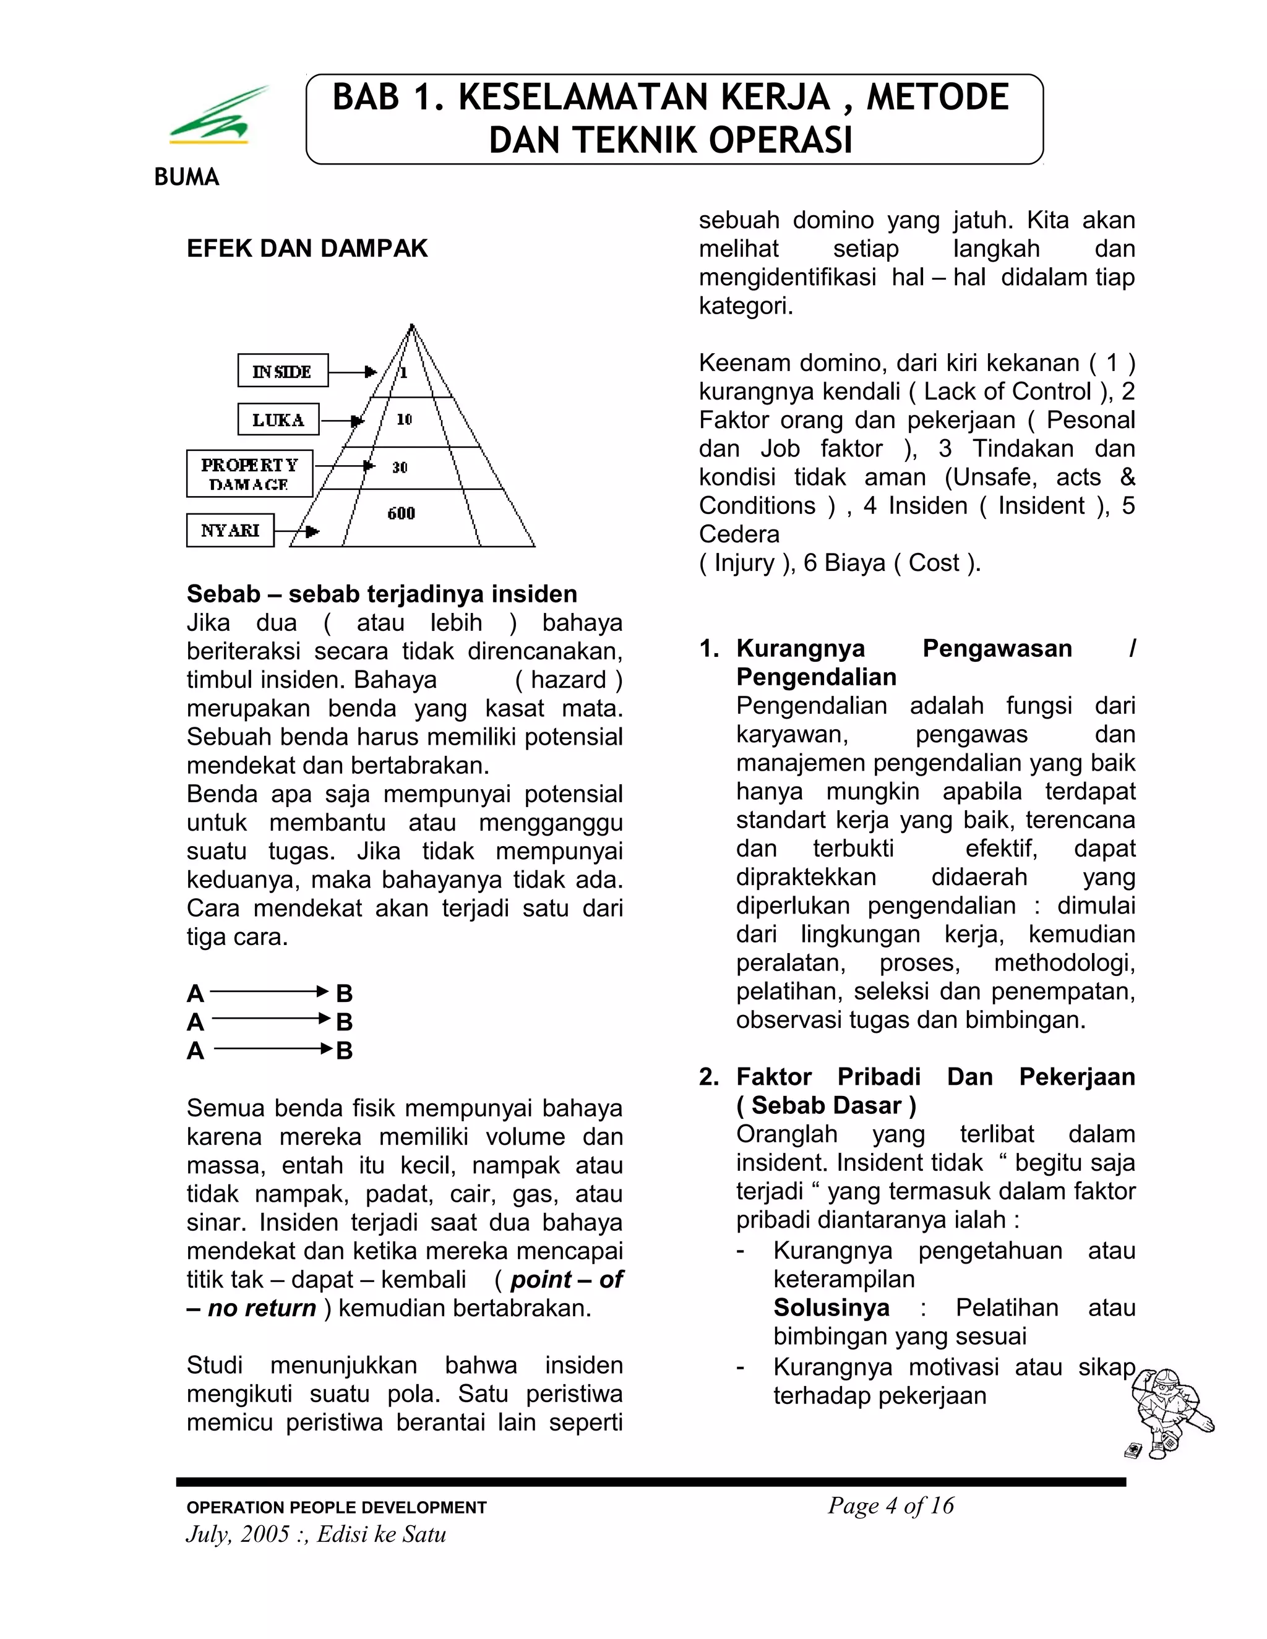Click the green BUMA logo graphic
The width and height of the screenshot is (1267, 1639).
coord(217,117)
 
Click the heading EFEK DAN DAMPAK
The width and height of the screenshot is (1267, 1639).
coord(307,249)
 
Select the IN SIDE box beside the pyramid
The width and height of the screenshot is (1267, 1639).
coord(283,370)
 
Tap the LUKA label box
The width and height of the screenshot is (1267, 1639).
coord(278,419)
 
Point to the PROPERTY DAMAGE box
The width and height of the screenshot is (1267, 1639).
coord(250,474)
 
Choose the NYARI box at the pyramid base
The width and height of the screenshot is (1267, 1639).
coord(230,531)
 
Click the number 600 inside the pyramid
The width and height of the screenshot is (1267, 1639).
coord(401,513)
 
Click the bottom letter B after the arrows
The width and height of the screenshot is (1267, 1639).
coord(345,1051)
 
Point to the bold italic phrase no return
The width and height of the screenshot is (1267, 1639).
coord(261,1308)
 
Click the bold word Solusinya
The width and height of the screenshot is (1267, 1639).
coord(831,1308)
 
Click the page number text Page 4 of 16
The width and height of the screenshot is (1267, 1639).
coord(890,1505)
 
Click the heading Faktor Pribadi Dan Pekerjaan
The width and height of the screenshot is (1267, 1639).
coord(935,1077)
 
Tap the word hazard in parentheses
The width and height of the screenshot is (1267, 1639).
coord(568,680)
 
